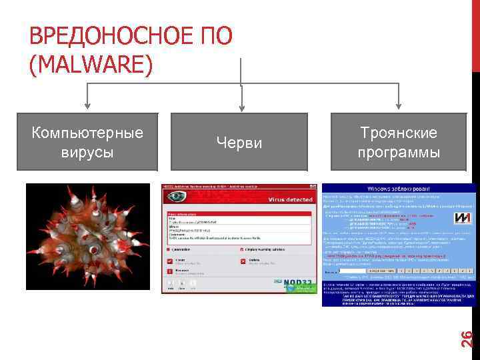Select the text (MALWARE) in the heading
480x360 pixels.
(91, 64)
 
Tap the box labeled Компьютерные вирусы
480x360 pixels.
(87, 142)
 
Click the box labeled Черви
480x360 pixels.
(239, 143)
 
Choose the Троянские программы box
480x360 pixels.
(398, 142)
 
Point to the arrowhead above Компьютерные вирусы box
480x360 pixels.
(87, 106)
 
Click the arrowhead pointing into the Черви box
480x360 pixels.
(239, 107)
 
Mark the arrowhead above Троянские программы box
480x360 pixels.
(398, 107)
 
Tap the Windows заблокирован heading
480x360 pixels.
(397, 189)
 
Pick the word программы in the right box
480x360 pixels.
(398, 152)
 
